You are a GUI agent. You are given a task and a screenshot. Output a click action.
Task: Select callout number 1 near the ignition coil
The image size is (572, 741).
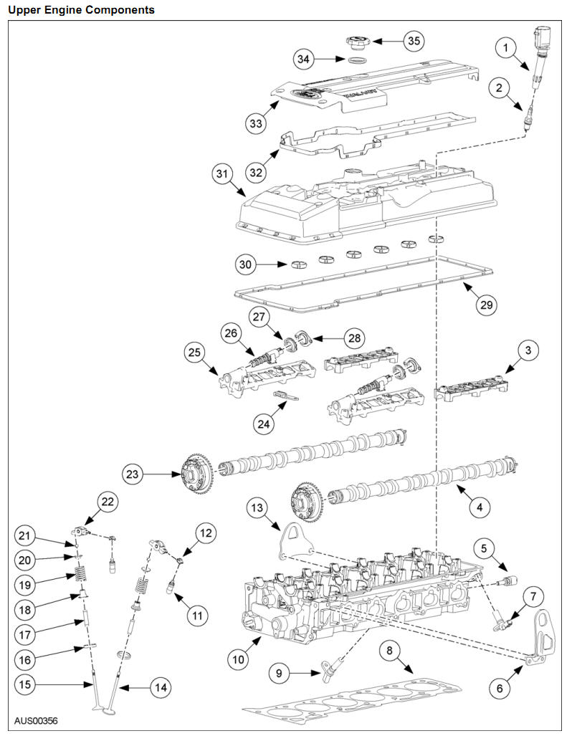(506, 48)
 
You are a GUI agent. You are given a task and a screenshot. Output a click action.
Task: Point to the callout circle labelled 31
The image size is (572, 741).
(222, 174)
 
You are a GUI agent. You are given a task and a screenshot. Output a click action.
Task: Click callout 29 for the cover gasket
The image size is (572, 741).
(487, 305)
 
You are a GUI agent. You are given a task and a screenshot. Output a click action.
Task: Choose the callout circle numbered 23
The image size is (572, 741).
(132, 473)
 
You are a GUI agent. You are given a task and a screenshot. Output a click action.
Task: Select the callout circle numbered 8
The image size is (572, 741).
(389, 651)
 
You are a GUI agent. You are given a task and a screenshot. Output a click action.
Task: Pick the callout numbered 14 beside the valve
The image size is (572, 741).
(161, 687)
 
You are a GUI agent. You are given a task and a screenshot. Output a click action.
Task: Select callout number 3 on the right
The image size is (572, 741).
(528, 350)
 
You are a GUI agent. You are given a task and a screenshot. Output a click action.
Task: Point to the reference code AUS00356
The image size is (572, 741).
(36, 721)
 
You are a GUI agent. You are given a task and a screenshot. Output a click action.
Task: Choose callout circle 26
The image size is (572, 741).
(229, 333)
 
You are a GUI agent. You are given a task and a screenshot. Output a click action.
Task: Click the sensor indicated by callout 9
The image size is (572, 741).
(330, 669)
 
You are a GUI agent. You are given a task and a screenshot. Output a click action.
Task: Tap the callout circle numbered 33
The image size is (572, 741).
(256, 124)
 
